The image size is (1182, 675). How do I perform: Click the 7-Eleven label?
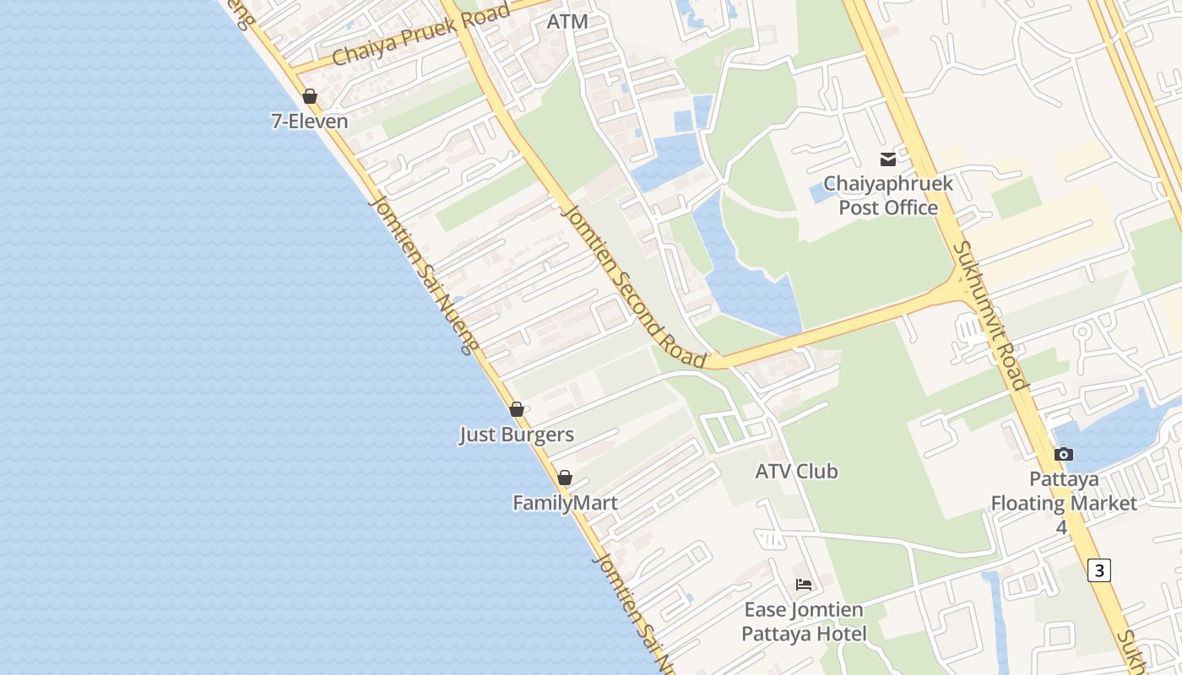coord(309,121)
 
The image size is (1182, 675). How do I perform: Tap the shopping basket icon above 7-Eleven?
coord(310,96)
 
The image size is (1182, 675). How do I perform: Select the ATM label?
coord(567,22)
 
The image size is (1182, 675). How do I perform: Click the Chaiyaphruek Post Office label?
coord(888,196)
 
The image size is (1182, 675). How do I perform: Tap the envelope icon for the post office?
coord(888,159)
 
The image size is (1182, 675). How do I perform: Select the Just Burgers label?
coord(517,435)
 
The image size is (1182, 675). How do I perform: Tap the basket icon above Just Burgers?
coord(517,410)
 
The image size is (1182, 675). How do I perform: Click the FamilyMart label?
coord(565,504)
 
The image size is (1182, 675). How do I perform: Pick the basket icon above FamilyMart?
coord(565,478)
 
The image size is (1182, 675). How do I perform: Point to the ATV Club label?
coord(796,472)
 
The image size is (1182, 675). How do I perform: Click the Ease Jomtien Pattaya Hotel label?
coord(804,622)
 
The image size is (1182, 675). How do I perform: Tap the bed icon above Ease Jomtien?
coord(804,584)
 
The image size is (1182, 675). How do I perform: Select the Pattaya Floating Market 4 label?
coord(1064,503)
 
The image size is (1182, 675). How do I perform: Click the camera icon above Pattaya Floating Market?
coord(1064,454)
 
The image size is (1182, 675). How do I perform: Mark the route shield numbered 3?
coord(1098,570)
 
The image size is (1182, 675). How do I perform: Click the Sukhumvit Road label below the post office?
coord(991,316)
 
